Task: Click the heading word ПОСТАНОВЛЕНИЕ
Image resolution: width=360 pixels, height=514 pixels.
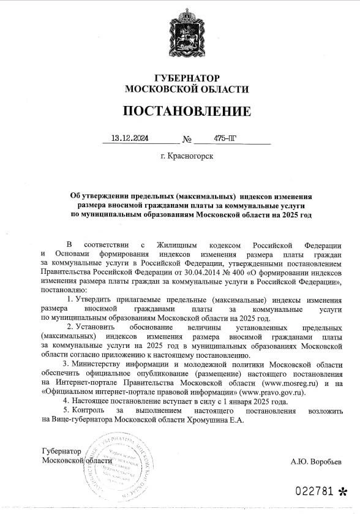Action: (187, 111)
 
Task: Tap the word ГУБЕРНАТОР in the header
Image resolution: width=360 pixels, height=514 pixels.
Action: (187, 78)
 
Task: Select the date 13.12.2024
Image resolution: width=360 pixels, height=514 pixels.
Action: (130, 138)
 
